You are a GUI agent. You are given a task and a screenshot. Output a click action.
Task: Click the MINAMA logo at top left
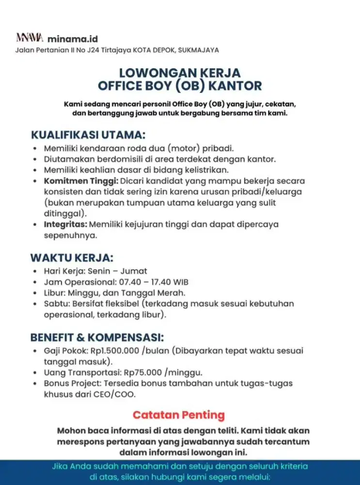coord(30,38)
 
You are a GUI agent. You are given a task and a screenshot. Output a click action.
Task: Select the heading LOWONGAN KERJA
coord(180,73)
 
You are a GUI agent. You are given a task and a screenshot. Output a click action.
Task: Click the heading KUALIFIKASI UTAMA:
coord(88,134)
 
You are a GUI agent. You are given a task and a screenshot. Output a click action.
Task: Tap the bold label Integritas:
coord(65,225)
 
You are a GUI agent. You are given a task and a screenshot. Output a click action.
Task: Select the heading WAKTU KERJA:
coord(72,257)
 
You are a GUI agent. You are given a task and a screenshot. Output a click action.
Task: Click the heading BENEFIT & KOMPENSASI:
coord(97,337)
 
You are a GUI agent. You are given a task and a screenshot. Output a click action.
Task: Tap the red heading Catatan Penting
coord(179,415)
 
